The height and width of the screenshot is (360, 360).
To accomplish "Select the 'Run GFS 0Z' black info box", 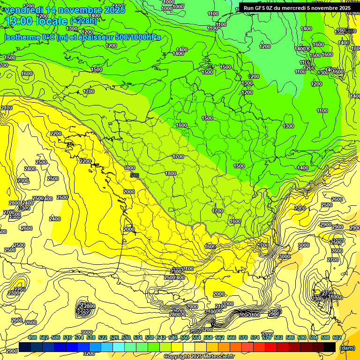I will pos(297,7).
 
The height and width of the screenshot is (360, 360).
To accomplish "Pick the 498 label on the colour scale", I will pos(32,337).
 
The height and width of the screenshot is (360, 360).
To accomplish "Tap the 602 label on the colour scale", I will pos(337,337).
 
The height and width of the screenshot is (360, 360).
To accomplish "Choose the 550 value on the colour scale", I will pos(185,337).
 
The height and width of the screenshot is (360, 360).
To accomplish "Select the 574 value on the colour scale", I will pos(255,337).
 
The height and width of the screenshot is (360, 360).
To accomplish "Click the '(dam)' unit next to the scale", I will pos(347,347).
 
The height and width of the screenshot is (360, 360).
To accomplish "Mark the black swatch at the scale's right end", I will pos(330,347).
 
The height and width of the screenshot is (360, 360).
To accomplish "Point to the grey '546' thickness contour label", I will pos(135,175).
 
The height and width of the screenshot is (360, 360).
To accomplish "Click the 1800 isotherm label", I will pos(171,174).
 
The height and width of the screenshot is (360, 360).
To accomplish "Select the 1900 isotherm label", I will pos(129,168).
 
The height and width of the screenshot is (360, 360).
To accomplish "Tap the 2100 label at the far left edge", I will pos(7,108).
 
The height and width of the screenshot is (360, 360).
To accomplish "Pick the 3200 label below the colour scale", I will pos(82,353).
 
